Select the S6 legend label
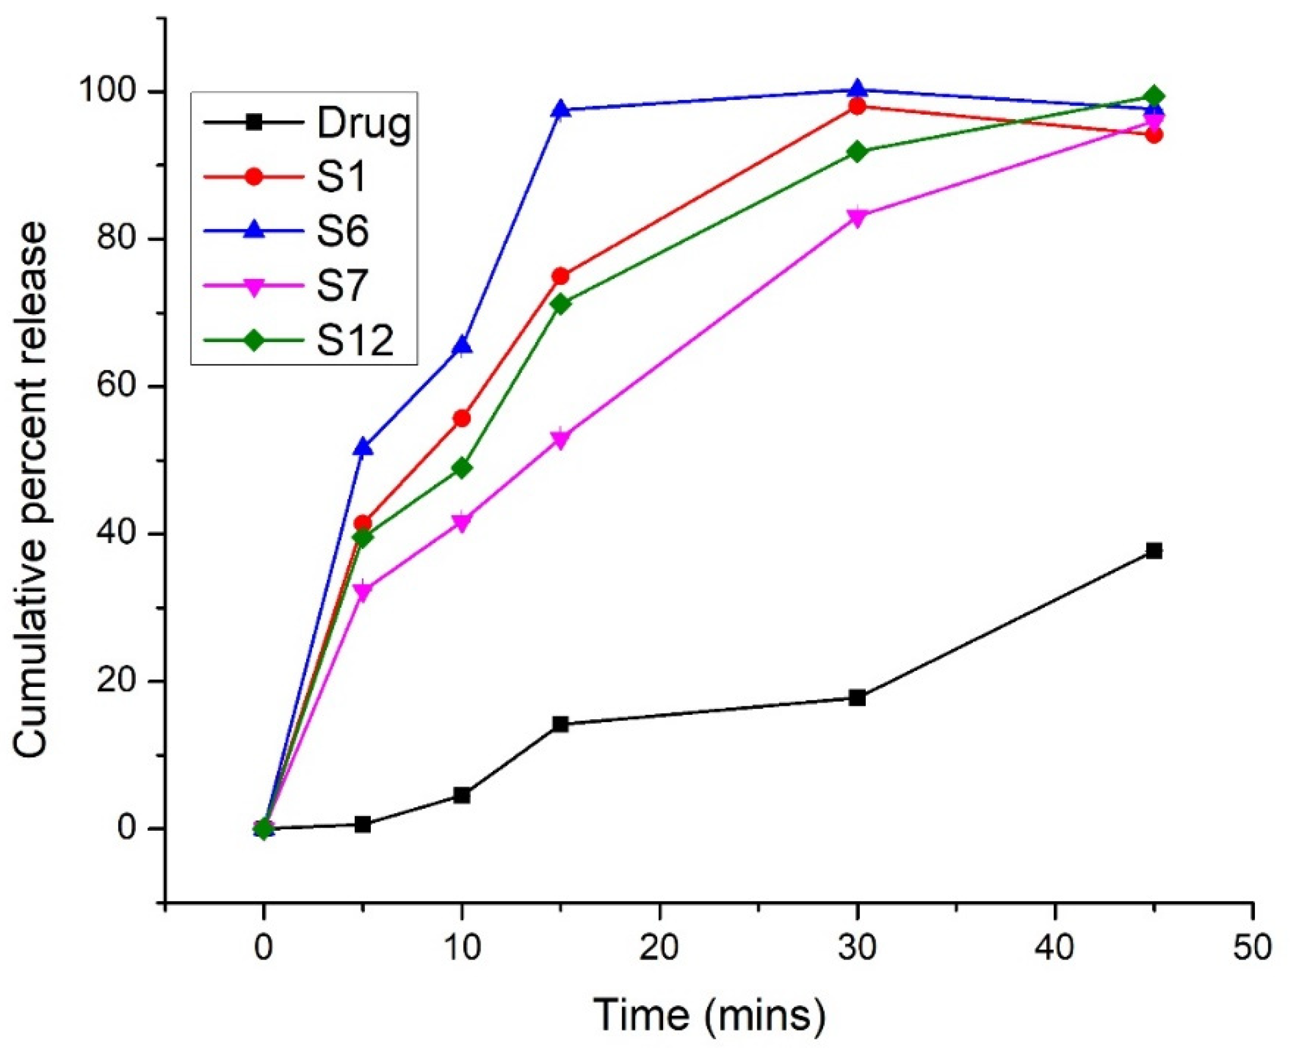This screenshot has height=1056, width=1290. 342,232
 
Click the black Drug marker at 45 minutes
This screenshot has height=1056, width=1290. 1154,551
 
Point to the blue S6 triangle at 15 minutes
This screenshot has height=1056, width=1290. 561,110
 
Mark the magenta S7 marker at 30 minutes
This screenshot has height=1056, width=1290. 857,217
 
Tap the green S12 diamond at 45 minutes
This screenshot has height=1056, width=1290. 1154,97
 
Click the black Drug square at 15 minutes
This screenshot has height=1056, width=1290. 561,724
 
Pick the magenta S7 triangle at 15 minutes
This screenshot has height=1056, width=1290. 561,440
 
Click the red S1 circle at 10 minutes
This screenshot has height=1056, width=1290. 462,418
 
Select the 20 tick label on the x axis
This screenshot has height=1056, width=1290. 659,948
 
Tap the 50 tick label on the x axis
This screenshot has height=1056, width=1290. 1252,948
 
